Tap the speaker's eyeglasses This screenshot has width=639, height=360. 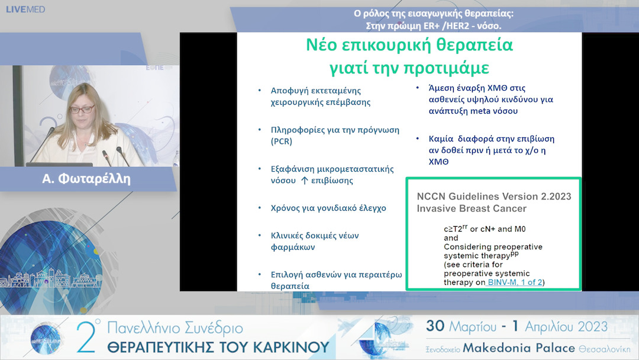pyautogui.click(x=82, y=109)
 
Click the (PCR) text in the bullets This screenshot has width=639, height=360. pyautogui.click(x=282, y=142)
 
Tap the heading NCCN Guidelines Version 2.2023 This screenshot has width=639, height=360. pyautogui.click(x=494, y=196)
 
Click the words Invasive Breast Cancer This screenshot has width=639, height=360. pyautogui.click(x=472, y=208)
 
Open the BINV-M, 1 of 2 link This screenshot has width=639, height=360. pyautogui.click(x=514, y=282)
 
